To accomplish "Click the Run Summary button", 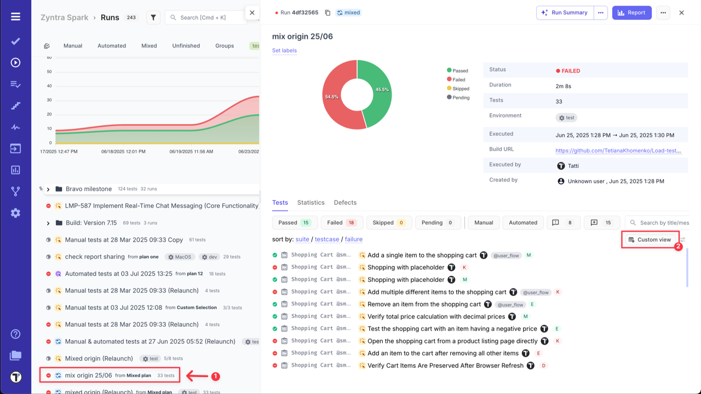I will [x=565, y=13].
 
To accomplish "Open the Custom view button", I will [x=650, y=240].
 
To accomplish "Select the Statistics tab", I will [x=311, y=202].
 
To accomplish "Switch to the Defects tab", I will [x=345, y=202].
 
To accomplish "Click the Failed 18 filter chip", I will [x=342, y=223].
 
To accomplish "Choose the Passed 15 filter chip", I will [x=294, y=223].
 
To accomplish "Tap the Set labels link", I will [x=284, y=50].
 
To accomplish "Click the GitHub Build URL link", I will [x=618, y=150].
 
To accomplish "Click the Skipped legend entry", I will [x=460, y=88].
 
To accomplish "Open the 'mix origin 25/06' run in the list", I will [x=88, y=375].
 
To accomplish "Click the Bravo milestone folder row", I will [x=88, y=189].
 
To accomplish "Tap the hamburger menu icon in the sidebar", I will [x=15, y=16].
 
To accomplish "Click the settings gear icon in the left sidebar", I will [x=15, y=213].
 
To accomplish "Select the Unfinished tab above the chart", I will [x=186, y=46].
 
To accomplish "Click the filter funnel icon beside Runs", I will [x=153, y=18].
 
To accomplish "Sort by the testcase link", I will [x=326, y=239].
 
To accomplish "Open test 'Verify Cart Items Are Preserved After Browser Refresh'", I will [x=445, y=366].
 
